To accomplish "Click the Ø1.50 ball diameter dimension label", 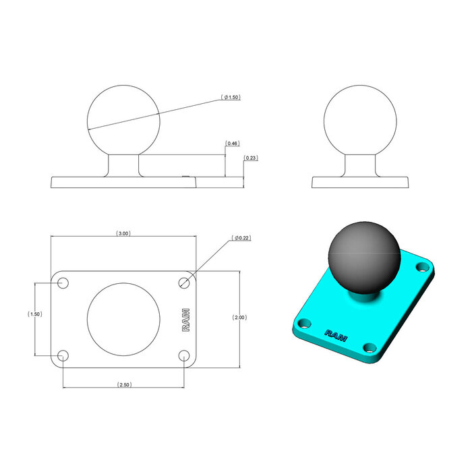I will (231, 98).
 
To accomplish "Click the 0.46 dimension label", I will (231, 144).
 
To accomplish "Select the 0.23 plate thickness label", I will (250, 158).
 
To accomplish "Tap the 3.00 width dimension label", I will (123, 233).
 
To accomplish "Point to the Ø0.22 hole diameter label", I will (241, 238).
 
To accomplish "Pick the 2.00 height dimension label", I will (239, 317).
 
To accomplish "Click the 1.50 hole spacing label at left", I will (34, 314).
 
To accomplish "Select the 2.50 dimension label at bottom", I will (123, 384).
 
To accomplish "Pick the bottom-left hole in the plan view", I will (63, 355).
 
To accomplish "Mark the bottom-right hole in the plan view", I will (185, 355).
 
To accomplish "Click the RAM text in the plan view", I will (186, 320).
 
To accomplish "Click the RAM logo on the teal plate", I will (336, 333).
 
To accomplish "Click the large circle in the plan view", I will (124, 319).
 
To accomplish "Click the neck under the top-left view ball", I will (124, 165).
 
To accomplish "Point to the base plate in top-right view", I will (359, 182).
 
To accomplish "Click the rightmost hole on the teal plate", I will (423, 268).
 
